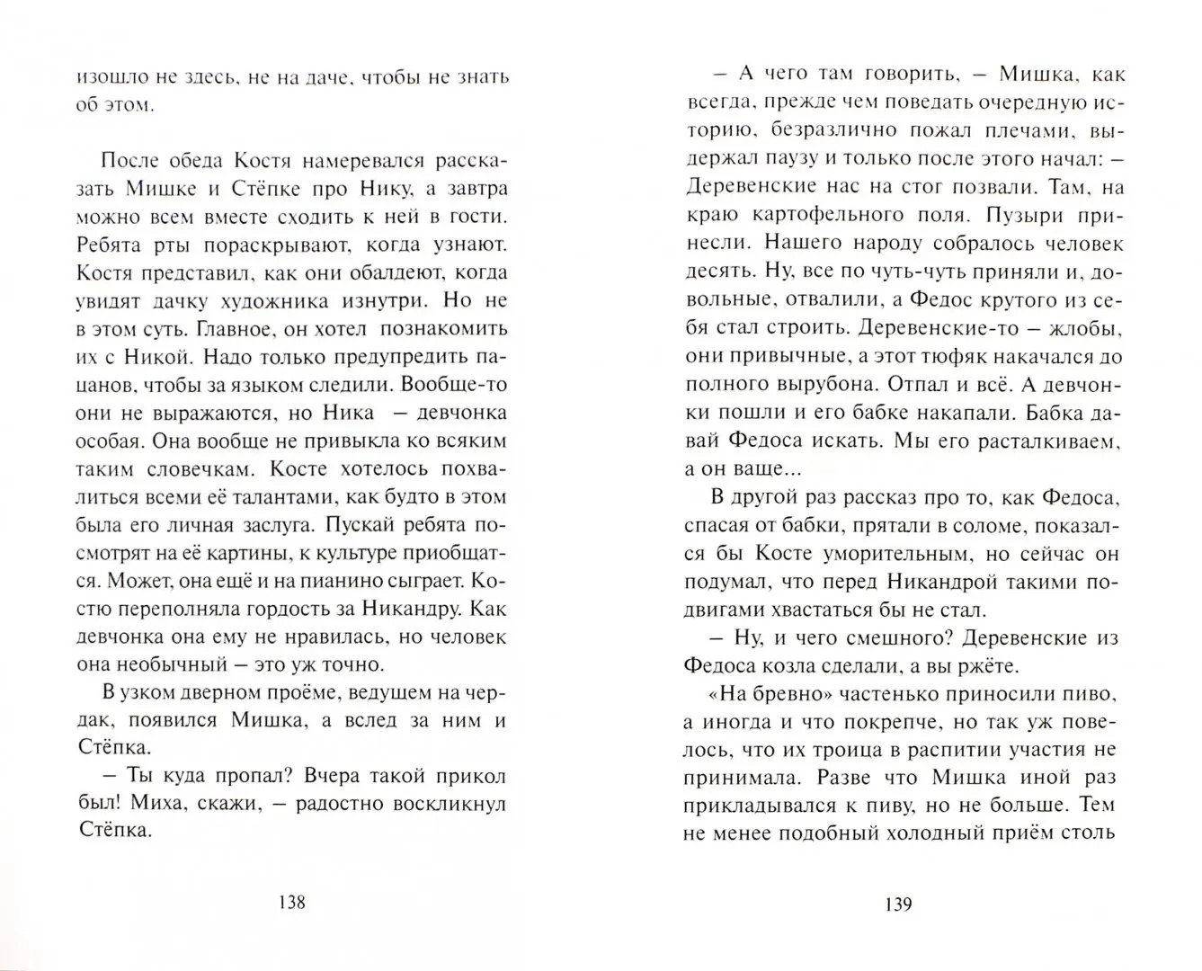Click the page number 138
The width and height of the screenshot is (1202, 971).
292,903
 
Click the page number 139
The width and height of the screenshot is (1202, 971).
897,904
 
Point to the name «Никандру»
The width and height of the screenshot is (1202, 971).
414,609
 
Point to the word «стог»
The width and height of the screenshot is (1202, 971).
897,187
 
